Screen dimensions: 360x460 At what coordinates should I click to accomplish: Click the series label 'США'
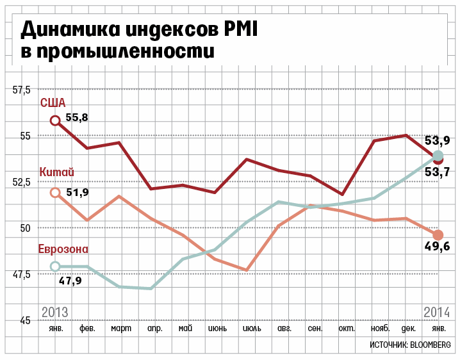(53, 102)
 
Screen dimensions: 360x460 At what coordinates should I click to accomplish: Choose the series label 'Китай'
(56, 172)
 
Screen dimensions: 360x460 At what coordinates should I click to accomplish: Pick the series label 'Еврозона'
(63, 249)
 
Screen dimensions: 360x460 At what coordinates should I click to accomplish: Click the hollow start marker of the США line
(55, 120)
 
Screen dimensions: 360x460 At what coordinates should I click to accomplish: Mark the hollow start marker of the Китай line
(55, 192)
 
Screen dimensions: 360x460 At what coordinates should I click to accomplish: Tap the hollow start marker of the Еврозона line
(55, 266)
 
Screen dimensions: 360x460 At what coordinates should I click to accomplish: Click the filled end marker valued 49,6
(438, 235)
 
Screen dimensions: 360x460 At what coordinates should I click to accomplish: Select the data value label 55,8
(76, 117)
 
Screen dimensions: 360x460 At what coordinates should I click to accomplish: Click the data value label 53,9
(438, 141)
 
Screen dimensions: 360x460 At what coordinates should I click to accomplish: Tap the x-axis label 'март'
(121, 329)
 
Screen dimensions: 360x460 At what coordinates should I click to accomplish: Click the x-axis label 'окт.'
(347, 329)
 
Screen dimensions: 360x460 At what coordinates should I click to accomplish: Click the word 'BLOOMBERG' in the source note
(429, 345)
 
